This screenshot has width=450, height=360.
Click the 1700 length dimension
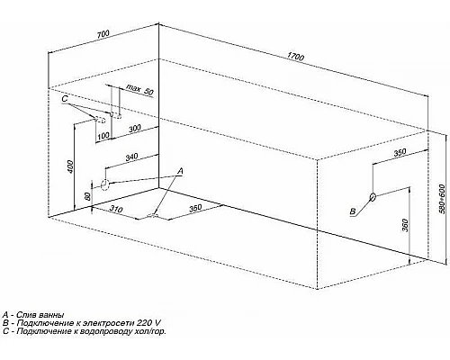[x=295, y=57]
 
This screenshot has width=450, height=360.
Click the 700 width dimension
[x=103, y=34]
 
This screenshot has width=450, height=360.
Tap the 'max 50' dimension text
[x=139, y=89]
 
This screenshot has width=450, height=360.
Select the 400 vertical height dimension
[x=70, y=166]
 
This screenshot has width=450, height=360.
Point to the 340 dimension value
[x=131, y=157]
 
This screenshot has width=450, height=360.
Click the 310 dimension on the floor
[x=116, y=208]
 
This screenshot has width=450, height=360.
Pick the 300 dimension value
[x=135, y=129]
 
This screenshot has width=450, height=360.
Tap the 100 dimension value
[x=103, y=136]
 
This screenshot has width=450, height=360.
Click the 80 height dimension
[x=87, y=196]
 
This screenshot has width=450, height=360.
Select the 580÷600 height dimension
[x=442, y=199]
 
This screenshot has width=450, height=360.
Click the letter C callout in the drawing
[x=65, y=99]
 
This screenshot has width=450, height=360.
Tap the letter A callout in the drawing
[x=180, y=171]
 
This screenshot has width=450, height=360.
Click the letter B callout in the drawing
[x=353, y=211]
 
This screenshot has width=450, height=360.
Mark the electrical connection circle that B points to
[x=373, y=196]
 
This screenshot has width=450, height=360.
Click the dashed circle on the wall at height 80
[x=104, y=184]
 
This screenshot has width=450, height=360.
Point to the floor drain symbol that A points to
[x=153, y=215]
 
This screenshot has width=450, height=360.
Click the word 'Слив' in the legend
[x=25, y=315]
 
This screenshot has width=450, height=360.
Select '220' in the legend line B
[x=144, y=323]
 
